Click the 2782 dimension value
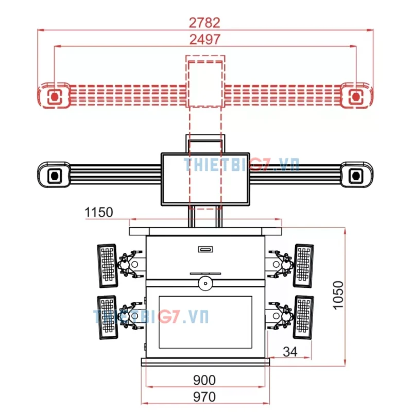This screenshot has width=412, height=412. point(204,23)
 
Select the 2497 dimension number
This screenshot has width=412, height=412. point(205,40)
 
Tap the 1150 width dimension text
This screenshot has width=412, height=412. point(99,212)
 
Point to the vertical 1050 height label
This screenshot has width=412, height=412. point(338,295)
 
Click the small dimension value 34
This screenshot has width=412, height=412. point(290,352)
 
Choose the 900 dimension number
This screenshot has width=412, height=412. point(204,380)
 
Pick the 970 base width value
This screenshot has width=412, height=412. point(204,397)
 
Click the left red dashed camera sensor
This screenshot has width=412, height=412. point(55,97)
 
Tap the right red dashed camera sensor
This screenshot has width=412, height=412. point(356,97)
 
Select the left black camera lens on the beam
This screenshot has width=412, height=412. point(55,176)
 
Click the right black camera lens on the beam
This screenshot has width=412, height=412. point(356,176)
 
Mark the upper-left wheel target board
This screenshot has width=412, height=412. point(108,266)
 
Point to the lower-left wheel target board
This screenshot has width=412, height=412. point(108,317)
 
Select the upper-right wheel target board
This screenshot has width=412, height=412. point(303,266)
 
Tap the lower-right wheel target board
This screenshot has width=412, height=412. point(303,317)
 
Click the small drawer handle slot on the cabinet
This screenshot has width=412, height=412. point(205,249)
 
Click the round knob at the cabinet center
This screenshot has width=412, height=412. point(205,283)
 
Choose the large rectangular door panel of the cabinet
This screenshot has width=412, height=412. point(205,322)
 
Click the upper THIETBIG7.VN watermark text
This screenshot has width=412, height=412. point(242,164)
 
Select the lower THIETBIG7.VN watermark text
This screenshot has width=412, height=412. point(151,316)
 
